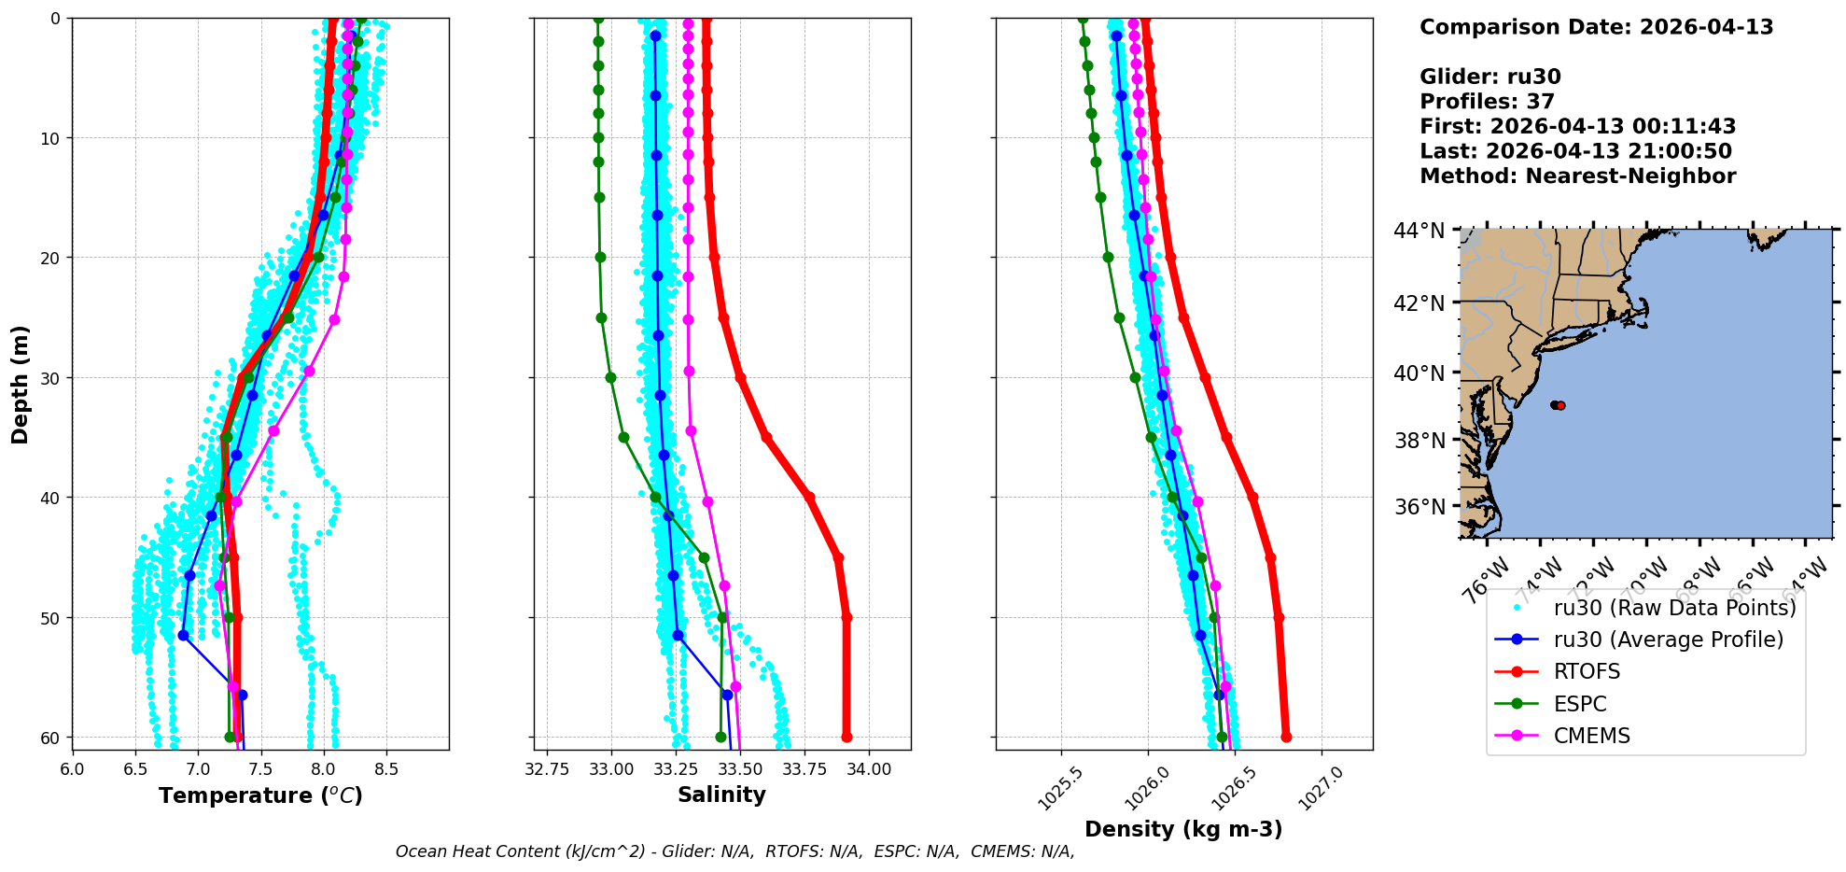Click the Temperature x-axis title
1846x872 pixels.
point(260,795)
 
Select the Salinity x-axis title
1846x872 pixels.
point(721,795)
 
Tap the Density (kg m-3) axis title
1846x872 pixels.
point(1183,829)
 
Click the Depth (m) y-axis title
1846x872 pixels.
point(21,384)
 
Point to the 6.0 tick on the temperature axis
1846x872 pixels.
point(72,769)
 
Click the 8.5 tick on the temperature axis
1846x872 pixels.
point(386,769)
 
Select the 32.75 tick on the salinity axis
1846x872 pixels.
point(547,769)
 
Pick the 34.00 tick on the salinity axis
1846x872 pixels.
point(869,769)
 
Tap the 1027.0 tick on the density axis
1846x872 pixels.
point(1322,788)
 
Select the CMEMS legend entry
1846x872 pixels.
point(1591,736)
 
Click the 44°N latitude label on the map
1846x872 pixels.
point(1419,230)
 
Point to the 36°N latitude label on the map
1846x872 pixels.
point(1419,507)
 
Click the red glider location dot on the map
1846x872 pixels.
point(1560,405)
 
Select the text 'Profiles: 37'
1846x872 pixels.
point(1487,102)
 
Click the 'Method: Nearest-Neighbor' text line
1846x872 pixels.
point(1577,176)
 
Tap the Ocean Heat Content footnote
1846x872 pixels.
point(734,851)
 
